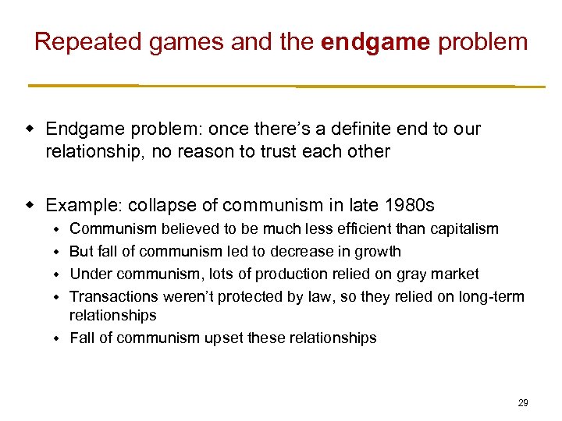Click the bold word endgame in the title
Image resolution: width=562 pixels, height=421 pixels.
[375, 41]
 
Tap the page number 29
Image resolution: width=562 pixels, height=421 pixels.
[523, 403]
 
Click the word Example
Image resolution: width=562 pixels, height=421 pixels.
[83, 205]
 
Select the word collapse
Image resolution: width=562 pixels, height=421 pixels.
[157, 205]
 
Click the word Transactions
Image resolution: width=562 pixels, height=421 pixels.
[114, 296]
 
